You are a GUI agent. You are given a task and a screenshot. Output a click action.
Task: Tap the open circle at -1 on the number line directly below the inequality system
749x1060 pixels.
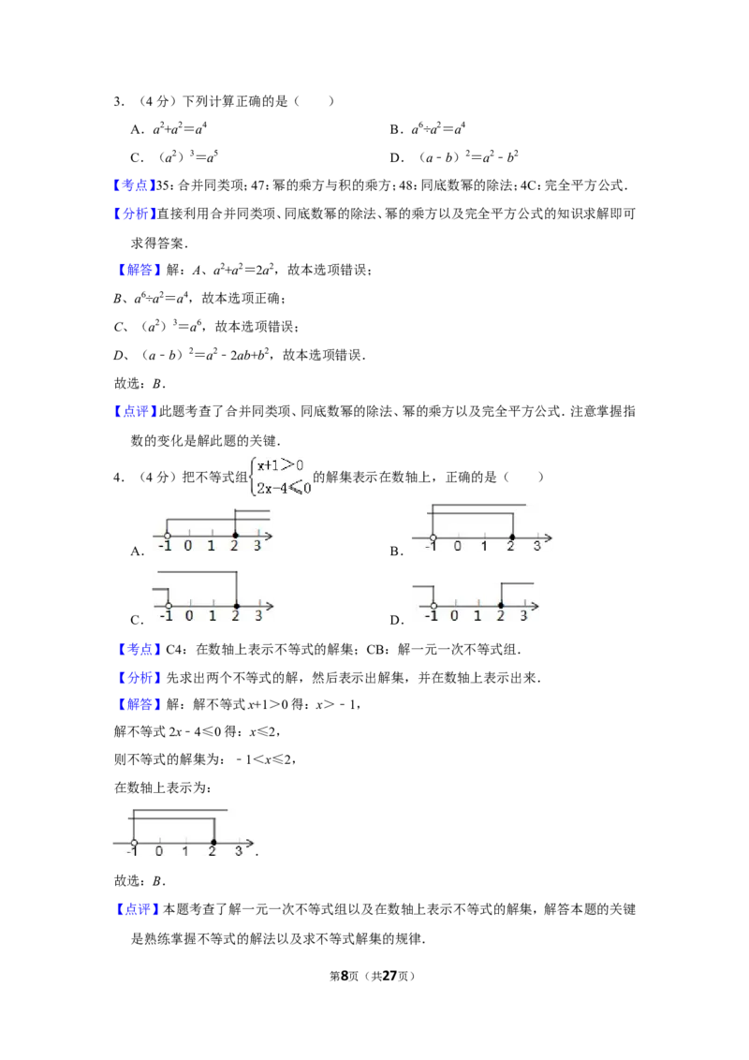coord(166,536)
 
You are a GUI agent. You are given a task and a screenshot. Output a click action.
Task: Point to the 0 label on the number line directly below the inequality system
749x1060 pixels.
coord(188,546)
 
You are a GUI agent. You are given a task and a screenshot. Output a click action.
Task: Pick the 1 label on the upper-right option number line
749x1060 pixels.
coord(484,547)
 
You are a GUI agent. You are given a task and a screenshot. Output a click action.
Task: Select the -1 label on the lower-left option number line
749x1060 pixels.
coord(166,615)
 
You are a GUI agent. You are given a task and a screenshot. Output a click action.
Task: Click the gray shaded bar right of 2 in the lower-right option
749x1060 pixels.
coord(518,582)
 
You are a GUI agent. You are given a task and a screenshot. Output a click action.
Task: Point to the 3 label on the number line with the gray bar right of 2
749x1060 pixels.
coord(523,615)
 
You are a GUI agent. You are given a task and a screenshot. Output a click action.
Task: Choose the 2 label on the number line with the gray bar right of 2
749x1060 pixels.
coord(501,615)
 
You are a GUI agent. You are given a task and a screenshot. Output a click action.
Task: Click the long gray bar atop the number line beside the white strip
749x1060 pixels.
coord(181,806)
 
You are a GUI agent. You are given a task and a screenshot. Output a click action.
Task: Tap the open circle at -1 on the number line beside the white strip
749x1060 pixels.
coord(134,843)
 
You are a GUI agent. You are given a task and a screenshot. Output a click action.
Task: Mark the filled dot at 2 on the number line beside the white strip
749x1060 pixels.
coord(213,843)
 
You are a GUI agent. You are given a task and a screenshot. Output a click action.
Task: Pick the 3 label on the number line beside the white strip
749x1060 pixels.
coord(239,852)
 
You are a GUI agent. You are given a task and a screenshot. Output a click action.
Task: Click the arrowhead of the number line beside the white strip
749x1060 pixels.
coord(249,843)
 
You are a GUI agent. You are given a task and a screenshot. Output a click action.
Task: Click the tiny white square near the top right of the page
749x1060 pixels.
coord(633,191)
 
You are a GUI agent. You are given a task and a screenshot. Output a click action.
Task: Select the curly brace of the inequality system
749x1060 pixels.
coord(252,475)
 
